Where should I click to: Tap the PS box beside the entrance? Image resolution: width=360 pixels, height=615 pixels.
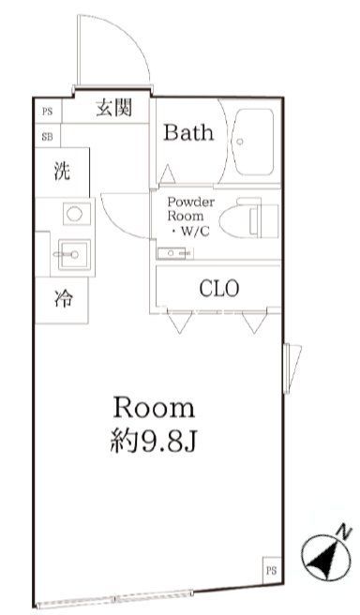click(47, 110)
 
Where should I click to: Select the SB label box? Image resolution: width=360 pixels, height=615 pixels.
click(47, 136)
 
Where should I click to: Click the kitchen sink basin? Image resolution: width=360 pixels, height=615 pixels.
click(71, 252)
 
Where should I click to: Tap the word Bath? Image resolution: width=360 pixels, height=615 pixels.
click(188, 132)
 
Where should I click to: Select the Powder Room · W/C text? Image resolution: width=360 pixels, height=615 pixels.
click(190, 216)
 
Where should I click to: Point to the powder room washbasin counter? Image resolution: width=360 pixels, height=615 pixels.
click(174, 252)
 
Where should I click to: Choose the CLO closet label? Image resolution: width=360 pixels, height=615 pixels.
click(219, 288)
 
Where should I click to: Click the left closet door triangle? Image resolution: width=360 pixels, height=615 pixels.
click(177, 323)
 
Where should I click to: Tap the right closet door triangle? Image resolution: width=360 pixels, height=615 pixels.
click(251, 323)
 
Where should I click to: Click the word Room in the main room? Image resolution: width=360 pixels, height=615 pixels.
click(154, 408)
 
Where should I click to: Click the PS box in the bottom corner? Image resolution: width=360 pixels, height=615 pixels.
click(270, 569)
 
